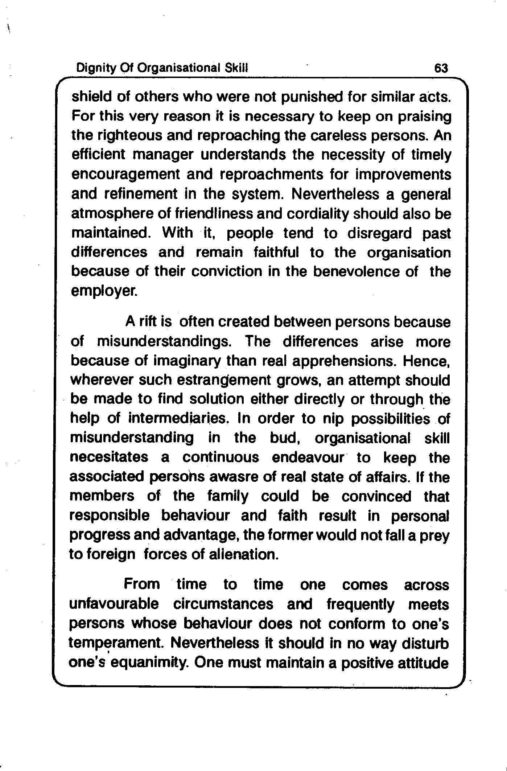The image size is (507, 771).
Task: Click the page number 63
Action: point(441,68)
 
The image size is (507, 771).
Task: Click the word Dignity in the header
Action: point(91,68)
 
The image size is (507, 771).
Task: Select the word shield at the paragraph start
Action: point(90,97)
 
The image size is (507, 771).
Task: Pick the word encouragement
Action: point(125,175)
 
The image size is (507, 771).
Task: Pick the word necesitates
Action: point(109,458)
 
